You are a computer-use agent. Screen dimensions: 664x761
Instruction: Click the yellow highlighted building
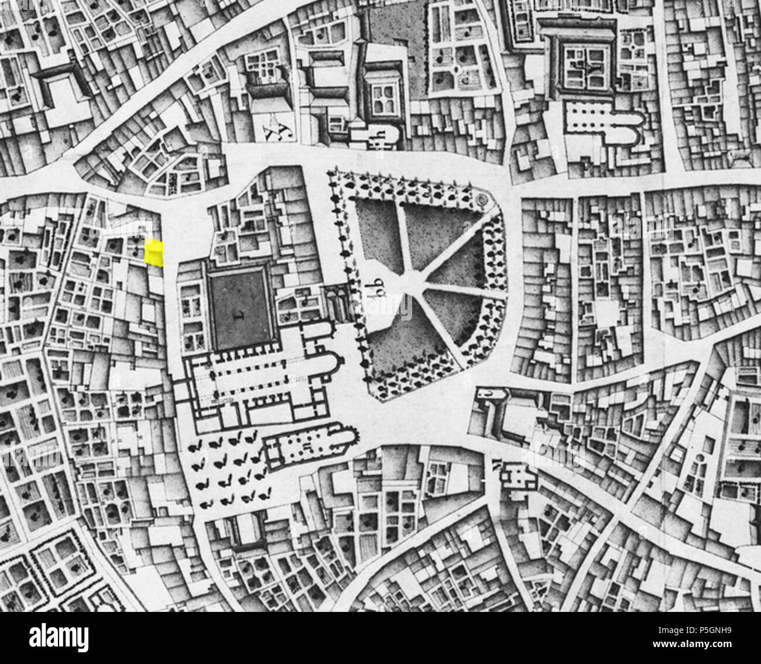(x=153, y=253)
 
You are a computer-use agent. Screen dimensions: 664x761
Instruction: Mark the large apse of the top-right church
(x=631, y=128)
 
